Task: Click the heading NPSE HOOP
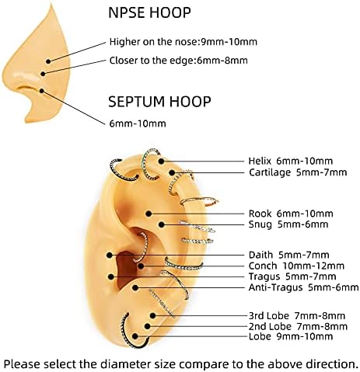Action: [149, 12]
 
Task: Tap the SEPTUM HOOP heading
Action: [159, 102]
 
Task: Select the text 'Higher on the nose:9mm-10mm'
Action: [183, 42]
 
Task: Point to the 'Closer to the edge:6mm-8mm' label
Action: [178, 61]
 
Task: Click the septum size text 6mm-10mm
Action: [138, 123]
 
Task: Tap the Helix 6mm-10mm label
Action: [290, 161]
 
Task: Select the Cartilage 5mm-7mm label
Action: [298, 172]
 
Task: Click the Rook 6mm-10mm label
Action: [291, 214]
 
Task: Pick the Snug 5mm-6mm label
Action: [288, 224]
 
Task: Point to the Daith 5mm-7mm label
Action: [288, 255]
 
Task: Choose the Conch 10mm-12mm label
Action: [296, 266]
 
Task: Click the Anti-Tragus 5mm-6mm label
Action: [303, 287]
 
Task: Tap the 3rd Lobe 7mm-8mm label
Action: [297, 316]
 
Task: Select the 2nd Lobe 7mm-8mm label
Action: [298, 326]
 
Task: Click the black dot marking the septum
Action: [42, 91]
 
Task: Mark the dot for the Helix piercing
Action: [161, 162]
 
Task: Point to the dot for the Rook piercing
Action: [149, 214]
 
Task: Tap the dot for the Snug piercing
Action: [161, 224]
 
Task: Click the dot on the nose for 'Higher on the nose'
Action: [48, 61]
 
